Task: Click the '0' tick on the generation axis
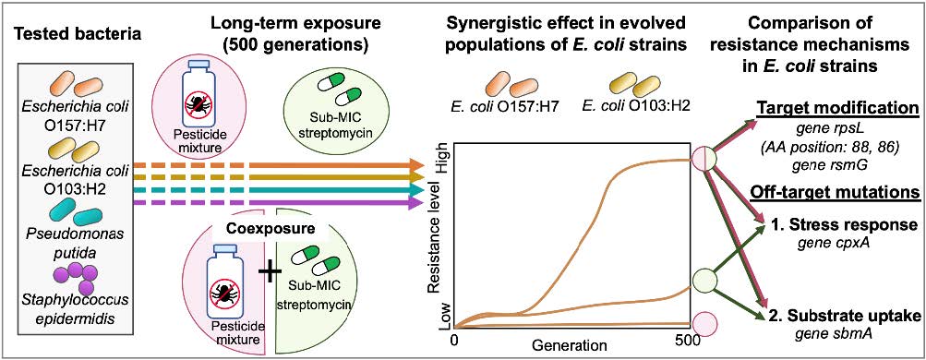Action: point(453,342)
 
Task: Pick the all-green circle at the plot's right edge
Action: point(705,280)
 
